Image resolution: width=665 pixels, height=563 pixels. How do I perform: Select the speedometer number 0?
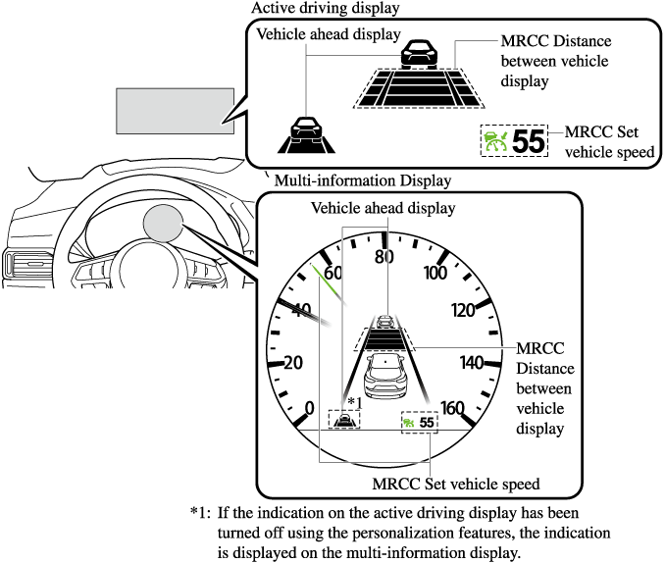310,408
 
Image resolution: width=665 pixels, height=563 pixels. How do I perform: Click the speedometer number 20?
292,363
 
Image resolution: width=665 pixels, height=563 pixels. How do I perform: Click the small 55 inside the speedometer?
426,422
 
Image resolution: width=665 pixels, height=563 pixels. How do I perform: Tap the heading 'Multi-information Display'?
363,180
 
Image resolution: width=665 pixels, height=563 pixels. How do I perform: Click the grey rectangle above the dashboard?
175,111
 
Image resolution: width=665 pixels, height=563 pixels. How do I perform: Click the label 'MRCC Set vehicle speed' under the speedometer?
456,484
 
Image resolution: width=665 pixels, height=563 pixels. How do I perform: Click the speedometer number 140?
473,363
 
